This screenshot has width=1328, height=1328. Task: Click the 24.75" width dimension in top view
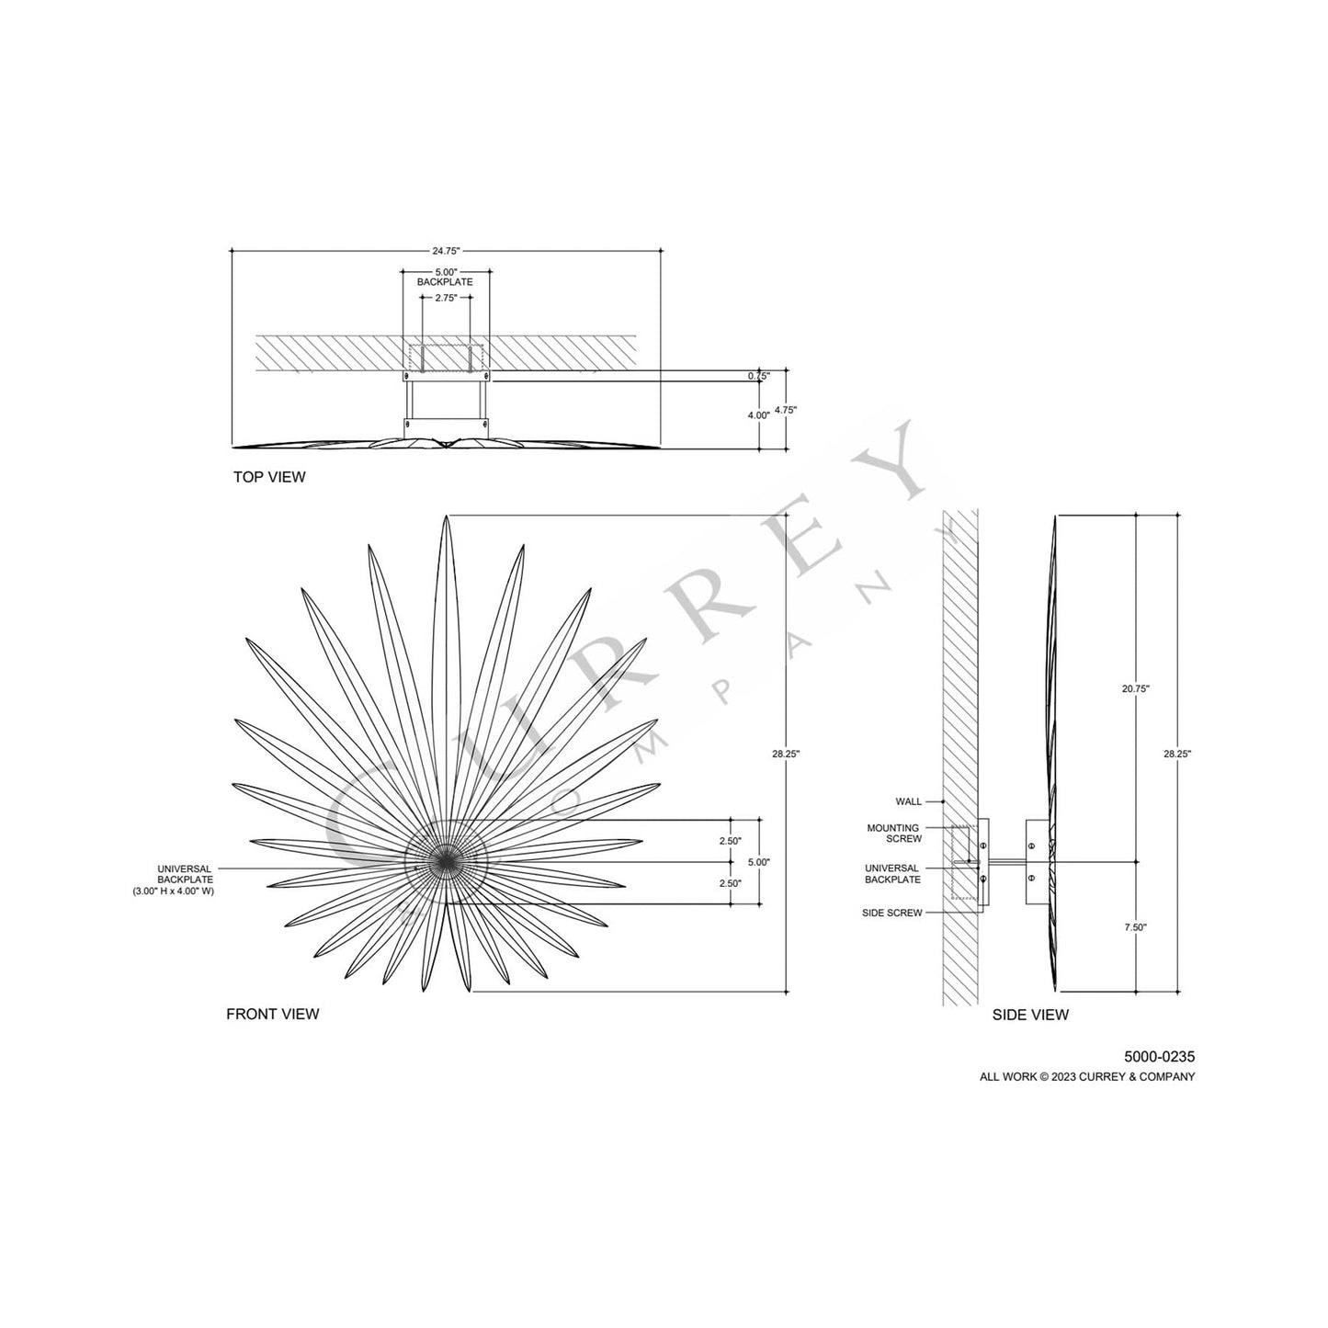446,250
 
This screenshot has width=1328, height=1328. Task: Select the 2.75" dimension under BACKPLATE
446,298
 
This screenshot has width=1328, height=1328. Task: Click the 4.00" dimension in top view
758,415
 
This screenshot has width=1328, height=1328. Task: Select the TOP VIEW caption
268,477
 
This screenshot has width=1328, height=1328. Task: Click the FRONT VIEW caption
273,1014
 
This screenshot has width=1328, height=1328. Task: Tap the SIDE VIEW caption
1030,1015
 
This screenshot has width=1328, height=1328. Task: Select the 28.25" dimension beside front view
787,754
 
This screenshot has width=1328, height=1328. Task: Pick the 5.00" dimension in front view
759,862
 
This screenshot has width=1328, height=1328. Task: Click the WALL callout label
908,801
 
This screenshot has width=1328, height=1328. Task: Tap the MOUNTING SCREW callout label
893,834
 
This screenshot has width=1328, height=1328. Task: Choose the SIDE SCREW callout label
891,913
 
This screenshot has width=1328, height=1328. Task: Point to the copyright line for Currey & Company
1087,1077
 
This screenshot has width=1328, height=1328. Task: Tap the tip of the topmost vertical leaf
447,517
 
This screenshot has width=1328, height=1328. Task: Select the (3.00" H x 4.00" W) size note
173,891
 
